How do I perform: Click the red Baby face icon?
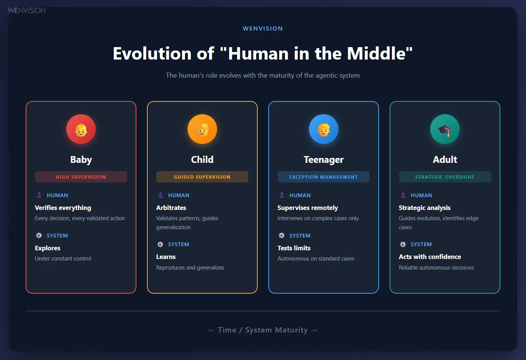point(81,129)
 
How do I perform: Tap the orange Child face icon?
point(202,129)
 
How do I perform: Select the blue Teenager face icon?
point(324,129)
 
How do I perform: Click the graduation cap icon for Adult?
point(445,129)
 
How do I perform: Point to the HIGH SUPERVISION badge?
point(81,177)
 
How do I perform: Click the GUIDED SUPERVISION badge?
point(202,177)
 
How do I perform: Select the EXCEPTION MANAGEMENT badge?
point(324,177)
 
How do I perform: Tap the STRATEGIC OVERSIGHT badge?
point(445,177)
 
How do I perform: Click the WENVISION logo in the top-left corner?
point(26,11)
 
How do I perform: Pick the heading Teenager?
point(324,159)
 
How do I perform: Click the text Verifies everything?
point(63,208)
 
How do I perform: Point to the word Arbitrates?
point(171,208)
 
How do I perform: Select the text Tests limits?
point(294,248)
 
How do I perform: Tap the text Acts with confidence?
point(430,257)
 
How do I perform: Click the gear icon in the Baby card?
point(39,236)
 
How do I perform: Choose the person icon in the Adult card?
point(403,195)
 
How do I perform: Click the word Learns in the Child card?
point(166,257)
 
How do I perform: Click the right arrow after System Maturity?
point(314,330)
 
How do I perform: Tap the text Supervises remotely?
point(307,208)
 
